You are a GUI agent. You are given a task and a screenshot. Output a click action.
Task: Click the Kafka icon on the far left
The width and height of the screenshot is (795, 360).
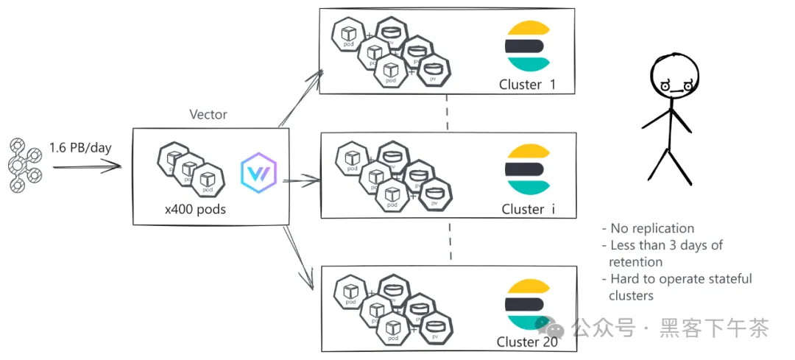coord(24,164)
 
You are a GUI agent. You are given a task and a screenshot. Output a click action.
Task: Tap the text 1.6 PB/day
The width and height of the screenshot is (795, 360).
coord(80,148)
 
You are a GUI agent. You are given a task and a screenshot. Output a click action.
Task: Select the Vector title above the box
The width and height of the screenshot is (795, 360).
coord(208,115)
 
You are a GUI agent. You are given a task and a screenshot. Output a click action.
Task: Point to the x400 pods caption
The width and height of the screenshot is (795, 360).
coord(195,209)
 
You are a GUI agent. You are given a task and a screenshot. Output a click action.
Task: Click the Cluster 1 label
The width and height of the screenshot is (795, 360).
coord(527,85)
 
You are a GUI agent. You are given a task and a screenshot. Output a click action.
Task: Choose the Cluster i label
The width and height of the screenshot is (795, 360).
coord(528,209)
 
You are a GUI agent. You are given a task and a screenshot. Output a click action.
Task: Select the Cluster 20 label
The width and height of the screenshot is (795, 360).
coord(527,342)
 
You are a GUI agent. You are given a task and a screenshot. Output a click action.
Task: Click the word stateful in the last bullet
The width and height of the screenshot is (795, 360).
coord(728,279)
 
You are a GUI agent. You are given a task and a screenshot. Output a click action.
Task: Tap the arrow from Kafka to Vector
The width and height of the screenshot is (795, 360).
coord(85,167)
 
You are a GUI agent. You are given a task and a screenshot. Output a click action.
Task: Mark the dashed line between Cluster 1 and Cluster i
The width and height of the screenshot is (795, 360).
coord(448,113)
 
